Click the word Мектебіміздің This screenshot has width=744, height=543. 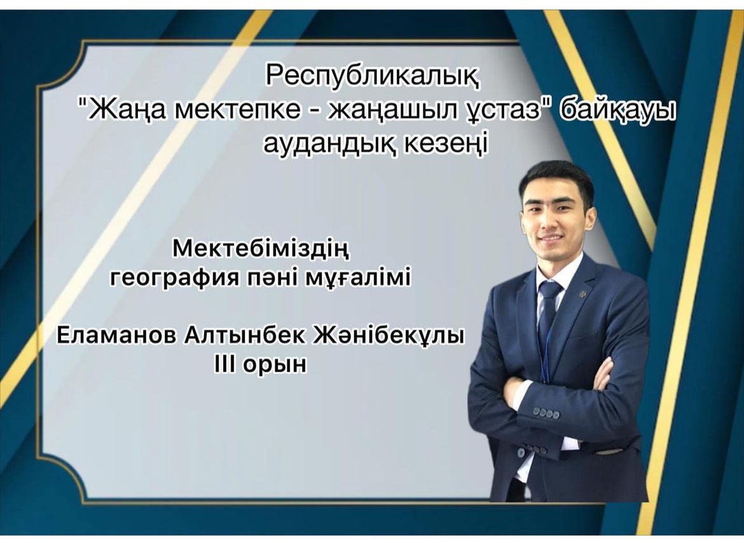(261, 249)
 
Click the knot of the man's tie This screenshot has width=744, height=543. (549, 290)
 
